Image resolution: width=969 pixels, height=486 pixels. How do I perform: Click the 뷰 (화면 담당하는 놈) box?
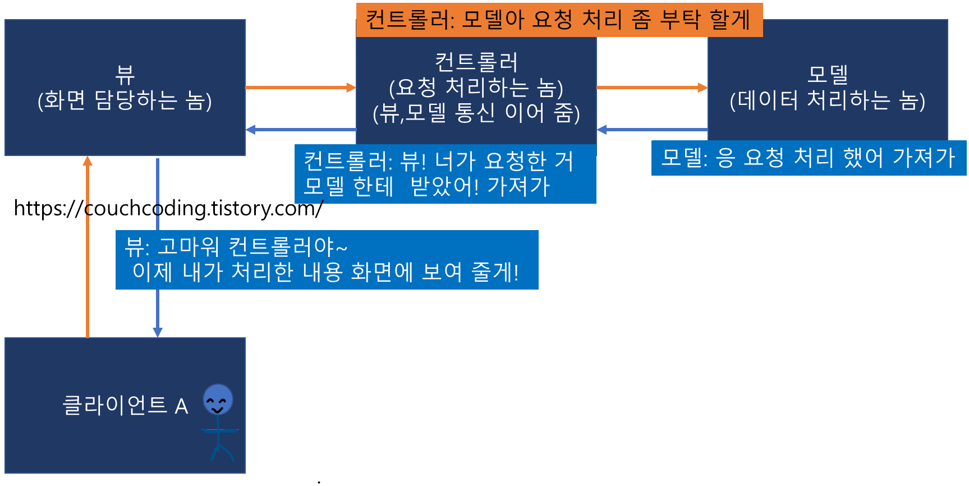125,88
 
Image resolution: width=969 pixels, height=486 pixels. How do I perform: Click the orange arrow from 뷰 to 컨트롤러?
300,88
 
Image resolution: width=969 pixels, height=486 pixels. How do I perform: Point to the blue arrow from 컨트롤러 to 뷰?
300,130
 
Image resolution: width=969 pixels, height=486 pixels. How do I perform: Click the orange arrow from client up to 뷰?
88,247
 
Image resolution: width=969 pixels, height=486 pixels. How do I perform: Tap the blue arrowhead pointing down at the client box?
158,332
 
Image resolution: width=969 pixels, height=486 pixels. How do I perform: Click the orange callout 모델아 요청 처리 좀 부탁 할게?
559,20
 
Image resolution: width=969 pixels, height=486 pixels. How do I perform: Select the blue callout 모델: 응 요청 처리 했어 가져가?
808,158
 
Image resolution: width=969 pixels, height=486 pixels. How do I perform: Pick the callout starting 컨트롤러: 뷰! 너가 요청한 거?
445,174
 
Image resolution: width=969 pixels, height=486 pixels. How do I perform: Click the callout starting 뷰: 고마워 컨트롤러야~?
327,260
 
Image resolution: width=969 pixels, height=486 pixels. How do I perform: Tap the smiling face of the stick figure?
218,400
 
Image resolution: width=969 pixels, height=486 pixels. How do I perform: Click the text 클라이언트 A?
125,405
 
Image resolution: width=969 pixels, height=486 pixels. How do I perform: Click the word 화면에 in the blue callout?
382,272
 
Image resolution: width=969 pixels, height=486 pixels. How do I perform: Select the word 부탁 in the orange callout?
680,20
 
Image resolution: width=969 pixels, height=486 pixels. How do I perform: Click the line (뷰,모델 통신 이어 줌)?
476,113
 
